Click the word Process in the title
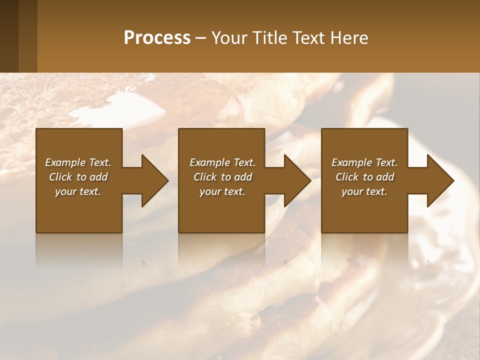tap(157, 38)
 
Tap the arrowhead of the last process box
tap(439, 180)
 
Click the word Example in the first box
tap(65, 162)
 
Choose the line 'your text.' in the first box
tap(78, 191)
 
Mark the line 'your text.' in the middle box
tap(222, 191)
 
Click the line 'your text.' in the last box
tap(364, 191)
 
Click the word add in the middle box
tap(243, 177)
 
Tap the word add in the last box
tap(385, 177)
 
